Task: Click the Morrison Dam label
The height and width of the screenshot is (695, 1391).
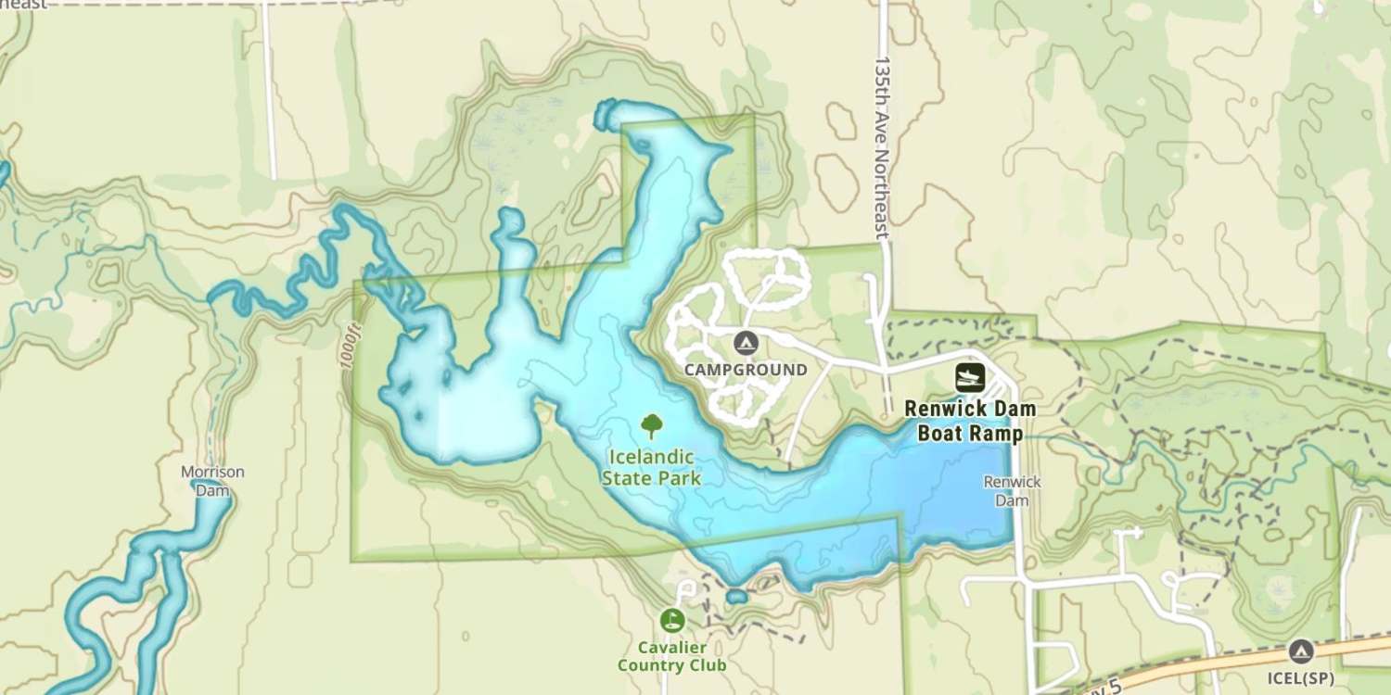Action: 212,480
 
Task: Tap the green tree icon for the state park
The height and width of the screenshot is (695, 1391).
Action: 652,426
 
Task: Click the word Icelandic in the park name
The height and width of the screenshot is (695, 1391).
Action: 651,457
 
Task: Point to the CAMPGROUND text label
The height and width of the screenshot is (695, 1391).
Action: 746,371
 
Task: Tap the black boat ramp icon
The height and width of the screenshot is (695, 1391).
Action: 970,377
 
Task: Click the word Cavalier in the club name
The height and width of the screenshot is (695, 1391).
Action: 671,647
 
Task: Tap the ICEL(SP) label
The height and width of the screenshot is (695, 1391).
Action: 1301,677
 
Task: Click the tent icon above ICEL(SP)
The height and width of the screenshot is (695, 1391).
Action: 1301,651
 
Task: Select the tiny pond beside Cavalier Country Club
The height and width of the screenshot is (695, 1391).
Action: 736,596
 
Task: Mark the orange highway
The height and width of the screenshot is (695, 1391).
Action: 1206,665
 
